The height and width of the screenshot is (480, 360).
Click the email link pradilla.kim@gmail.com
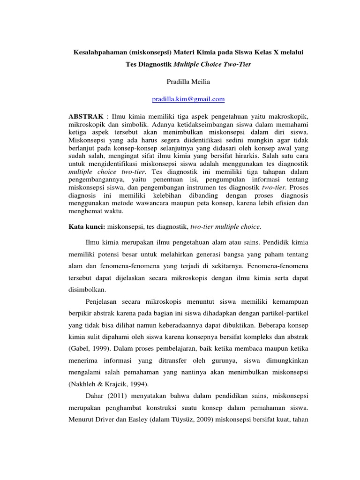click(189, 99)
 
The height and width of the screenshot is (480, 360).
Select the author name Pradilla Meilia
click(189, 82)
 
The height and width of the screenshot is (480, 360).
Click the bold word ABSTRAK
click(85, 115)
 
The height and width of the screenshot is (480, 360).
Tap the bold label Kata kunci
click(87, 227)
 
